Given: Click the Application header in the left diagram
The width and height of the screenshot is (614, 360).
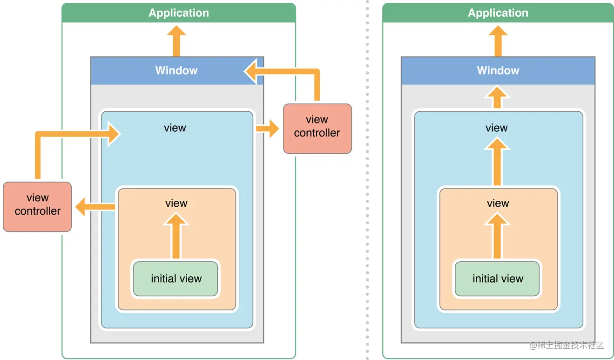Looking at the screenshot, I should click(x=179, y=13).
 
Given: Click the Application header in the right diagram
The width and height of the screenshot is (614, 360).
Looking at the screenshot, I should click(x=498, y=13).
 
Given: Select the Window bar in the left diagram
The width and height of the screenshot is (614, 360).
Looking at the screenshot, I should click(x=176, y=71).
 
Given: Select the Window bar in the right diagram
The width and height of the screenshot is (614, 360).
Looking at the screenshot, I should click(x=498, y=71).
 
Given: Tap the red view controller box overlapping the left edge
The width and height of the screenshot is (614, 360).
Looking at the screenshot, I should click(x=37, y=206).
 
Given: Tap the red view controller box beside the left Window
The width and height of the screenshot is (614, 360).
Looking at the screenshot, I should click(x=317, y=128).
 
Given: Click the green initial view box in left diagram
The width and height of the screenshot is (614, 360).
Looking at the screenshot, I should click(x=175, y=278).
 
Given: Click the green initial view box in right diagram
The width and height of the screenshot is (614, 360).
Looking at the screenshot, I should click(x=497, y=278).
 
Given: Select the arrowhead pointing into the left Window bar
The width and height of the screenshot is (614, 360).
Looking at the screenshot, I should click(x=251, y=72).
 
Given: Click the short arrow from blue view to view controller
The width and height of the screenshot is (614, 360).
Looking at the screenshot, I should click(x=267, y=128).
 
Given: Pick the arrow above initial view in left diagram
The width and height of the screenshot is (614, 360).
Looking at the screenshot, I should click(x=175, y=235).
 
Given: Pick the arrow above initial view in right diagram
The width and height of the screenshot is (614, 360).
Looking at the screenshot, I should click(x=497, y=235).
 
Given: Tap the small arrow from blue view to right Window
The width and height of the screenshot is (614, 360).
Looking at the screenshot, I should click(x=497, y=97).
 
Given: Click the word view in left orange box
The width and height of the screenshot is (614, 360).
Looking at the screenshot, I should click(x=176, y=203).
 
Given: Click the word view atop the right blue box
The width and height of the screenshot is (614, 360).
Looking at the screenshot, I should click(x=496, y=128).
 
